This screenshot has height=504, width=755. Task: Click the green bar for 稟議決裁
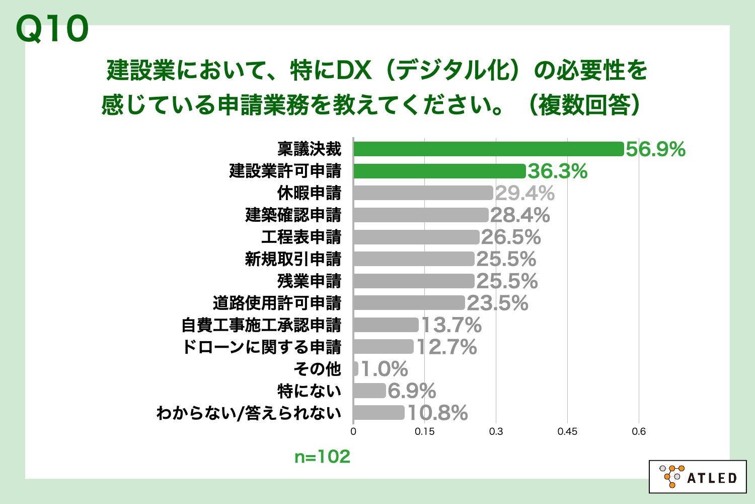pyautogui.click(x=488, y=149)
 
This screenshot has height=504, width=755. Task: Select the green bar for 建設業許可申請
pyautogui.click(x=439, y=171)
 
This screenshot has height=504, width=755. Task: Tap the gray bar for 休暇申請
pyautogui.click(x=423, y=193)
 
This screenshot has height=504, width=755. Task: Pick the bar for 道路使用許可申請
pyautogui.click(x=409, y=303)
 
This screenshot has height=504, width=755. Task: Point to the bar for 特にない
pyautogui.click(x=369, y=391)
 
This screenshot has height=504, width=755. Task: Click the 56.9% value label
pyautogui.click(x=655, y=149)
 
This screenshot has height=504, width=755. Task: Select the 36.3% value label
pyautogui.click(x=557, y=171)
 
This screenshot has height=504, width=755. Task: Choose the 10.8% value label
pyautogui.click(x=437, y=413)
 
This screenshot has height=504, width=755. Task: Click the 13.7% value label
pyautogui.click(x=451, y=325)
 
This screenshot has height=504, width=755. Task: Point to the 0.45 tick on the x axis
pyautogui.click(x=567, y=431)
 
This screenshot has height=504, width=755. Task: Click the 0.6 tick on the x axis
pyautogui.click(x=639, y=431)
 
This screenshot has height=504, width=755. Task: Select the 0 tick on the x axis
pyautogui.click(x=353, y=431)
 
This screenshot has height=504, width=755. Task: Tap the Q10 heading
pyautogui.click(x=52, y=29)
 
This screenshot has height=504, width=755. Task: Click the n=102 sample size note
pyautogui.click(x=322, y=457)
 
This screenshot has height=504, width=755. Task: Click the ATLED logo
pyautogui.click(x=698, y=477)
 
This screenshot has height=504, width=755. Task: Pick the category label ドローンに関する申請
pyautogui.click(x=261, y=347)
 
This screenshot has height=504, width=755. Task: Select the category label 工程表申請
pyautogui.click(x=301, y=237)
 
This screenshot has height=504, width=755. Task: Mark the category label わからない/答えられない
pyautogui.click(x=249, y=413)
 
